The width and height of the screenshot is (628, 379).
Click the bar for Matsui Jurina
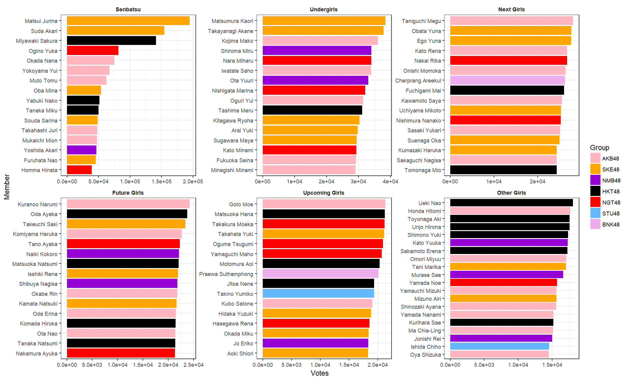(128, 21)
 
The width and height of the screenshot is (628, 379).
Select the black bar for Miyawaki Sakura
(111, 41)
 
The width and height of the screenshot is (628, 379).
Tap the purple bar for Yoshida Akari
(82, 150)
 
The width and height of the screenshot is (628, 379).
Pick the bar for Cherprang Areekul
(507, 80)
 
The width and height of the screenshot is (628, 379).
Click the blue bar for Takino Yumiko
(318, 294)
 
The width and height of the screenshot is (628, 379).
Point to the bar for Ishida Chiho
(500, 347)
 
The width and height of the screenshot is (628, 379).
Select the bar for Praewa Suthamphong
(320, 274)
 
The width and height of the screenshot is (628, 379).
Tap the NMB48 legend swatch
(595, 180)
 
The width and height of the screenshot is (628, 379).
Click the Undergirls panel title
(324, 9)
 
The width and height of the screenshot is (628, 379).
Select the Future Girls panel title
(128, 193)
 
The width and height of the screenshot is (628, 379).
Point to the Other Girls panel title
(511, 193)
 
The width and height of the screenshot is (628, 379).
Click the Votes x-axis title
(320, 373)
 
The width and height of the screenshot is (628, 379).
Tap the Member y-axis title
(7, 187)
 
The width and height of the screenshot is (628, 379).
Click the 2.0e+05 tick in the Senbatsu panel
(193, 182)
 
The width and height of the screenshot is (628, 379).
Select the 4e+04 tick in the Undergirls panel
(390, 182)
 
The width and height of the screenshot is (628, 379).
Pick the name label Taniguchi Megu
(421, 21)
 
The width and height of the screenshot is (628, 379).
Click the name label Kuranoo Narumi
(38, 204)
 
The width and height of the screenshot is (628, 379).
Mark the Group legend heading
(600, 148)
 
